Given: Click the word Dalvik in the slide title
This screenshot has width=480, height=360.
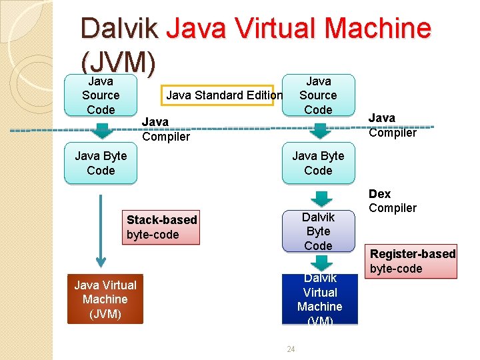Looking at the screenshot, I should pyautogui.click(x=119, y=29).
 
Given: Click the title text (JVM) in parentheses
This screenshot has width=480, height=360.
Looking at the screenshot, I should pyautogui.click(x=118, y=62).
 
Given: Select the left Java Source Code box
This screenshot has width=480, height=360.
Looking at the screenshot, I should pyautogui.click(x=101, y=95).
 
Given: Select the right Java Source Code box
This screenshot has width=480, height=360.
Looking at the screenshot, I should pyautogui.click(x=318, y=95).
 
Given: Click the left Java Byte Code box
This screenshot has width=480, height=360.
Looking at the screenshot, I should pyautogui.click(x=101, y=163).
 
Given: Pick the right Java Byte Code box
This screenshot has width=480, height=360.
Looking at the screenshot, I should pyautogui.click(x=318, y=163).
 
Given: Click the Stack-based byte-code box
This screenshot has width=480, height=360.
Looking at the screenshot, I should pyautogui.click(x=161, y=227).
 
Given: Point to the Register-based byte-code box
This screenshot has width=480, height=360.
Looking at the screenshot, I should pyautogui.click(x=413, y=261).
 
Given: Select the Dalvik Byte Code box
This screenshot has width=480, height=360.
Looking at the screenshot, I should pyautogui.click(x=318, y=231).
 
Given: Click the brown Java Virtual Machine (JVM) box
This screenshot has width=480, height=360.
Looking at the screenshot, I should pyautogui.click(x=105, y=299).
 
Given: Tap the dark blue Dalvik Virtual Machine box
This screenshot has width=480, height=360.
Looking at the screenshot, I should pyautogui.click(x=319, y=299).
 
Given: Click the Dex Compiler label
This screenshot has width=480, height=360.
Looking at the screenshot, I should pyautogui.click(x=392, y=201).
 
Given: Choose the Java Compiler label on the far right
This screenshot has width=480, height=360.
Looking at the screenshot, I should pyautogui.click(x=392, y=125).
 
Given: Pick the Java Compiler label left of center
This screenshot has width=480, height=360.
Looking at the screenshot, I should pyautogui.click(x=165, y=129).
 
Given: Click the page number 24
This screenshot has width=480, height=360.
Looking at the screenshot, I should pyautogui.click(x=290, y=349).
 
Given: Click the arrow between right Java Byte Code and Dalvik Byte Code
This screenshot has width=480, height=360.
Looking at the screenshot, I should pyautogui.click(x=321, y=198).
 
